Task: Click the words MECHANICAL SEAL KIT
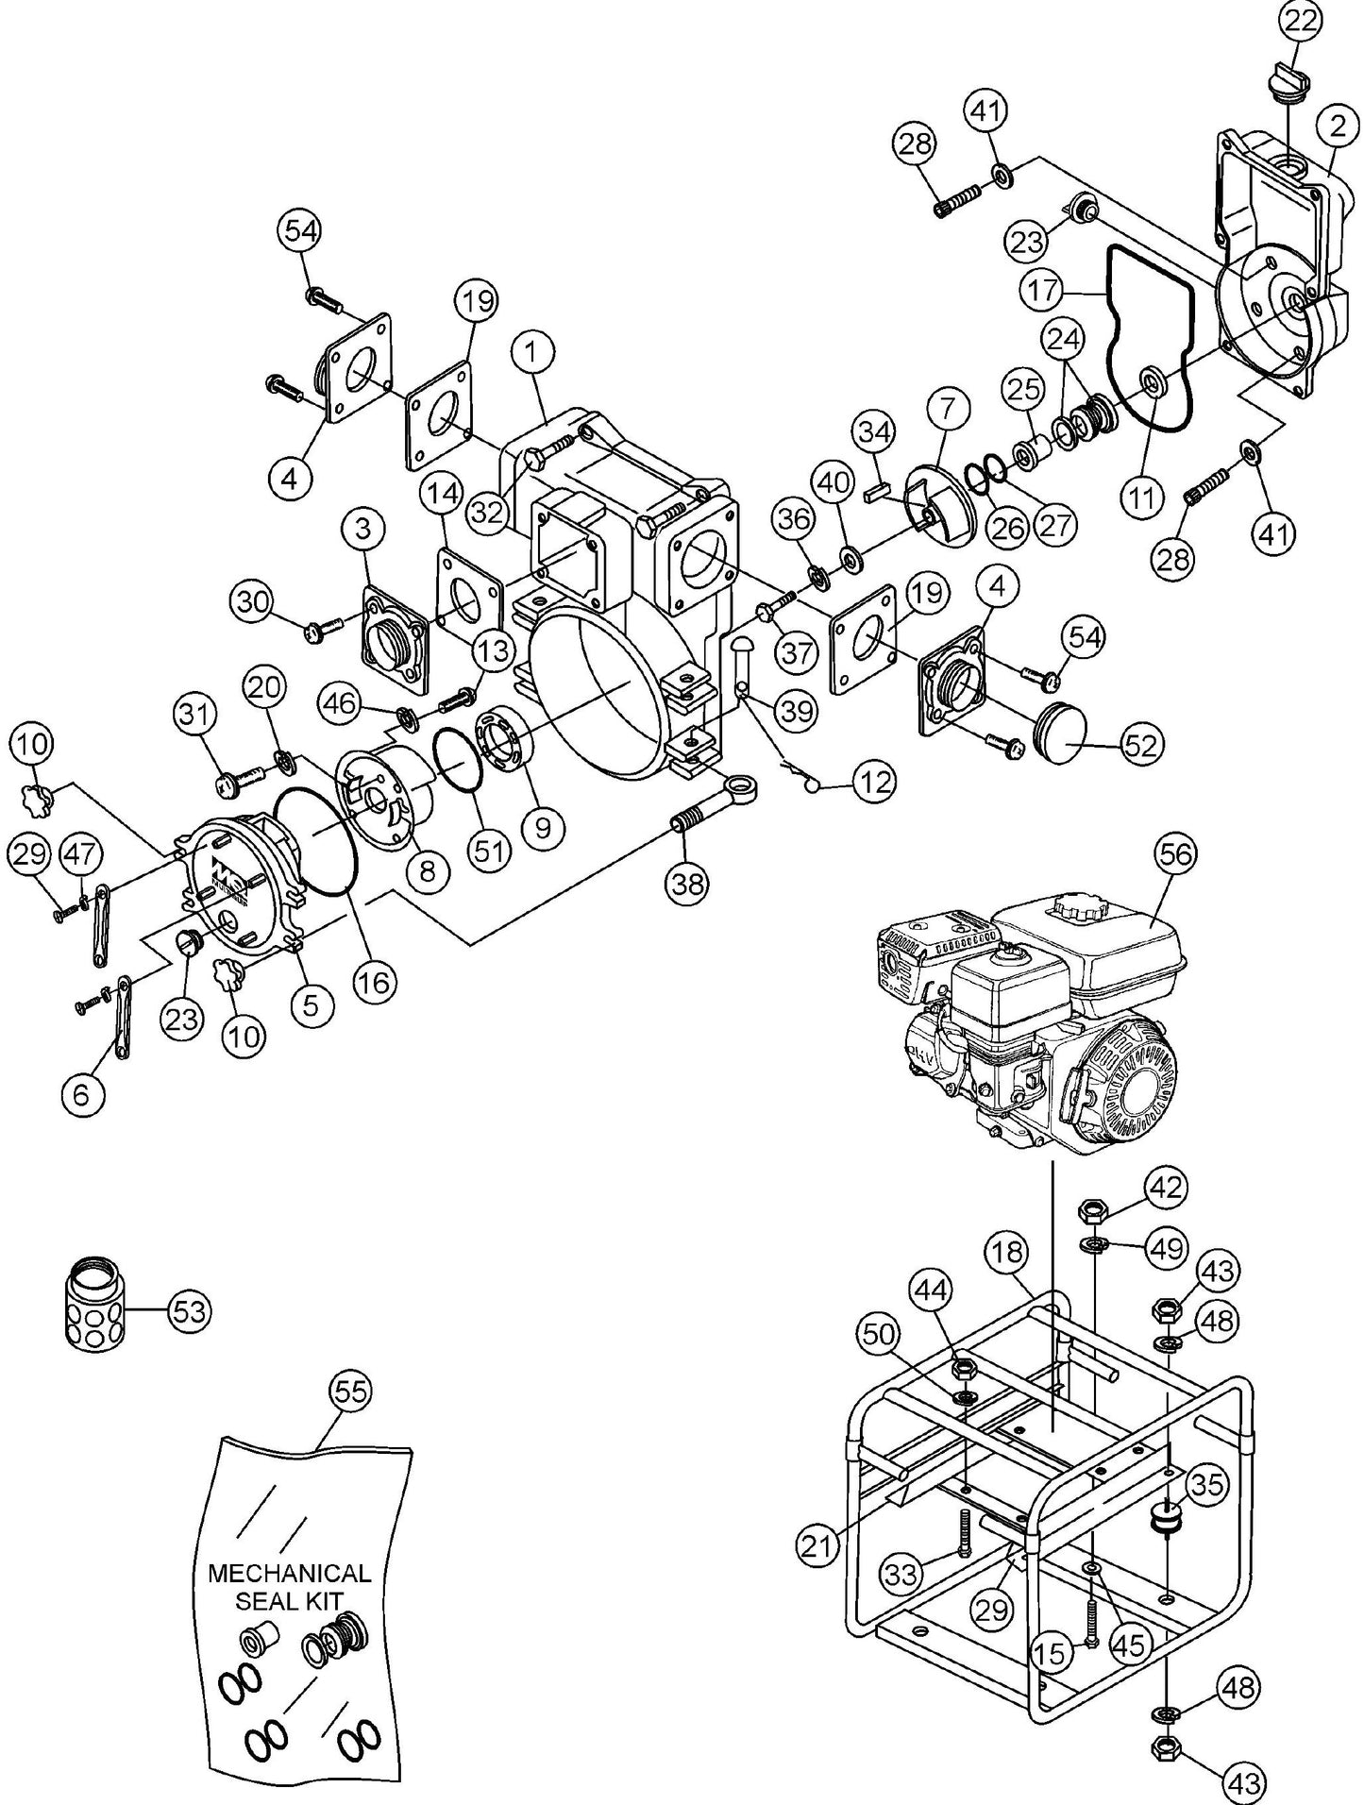click(x=289, y=1587)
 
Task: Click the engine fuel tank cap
click(x=1073, y=911)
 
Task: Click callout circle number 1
click(x=533, y=354)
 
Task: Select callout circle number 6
click(x=81, y=1095)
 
